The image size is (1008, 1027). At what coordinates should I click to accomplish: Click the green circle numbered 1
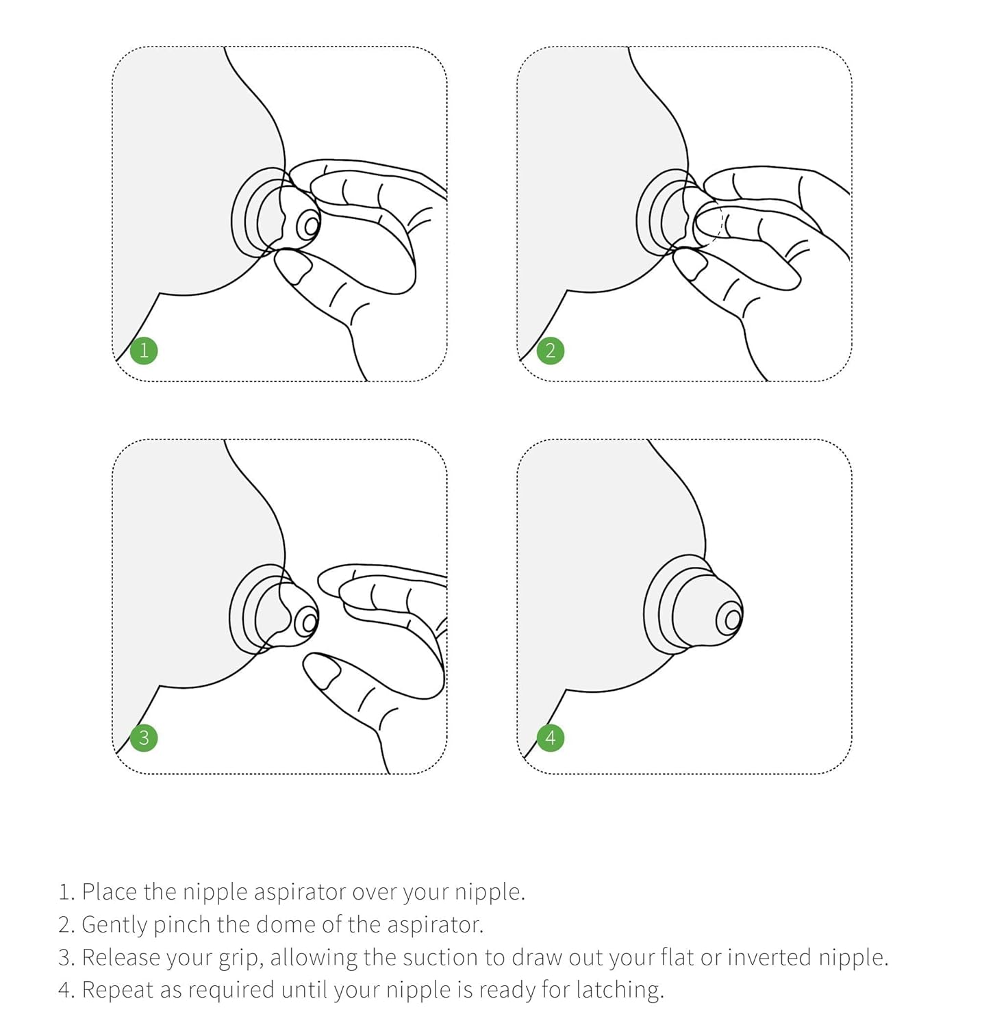(144, 351)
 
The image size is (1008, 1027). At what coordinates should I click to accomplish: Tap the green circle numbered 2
(551, 351)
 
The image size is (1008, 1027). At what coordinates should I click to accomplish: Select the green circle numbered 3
(144, 738)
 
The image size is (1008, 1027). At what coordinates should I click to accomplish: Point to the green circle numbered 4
(551, 738)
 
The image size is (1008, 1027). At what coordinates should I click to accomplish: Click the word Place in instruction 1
(110, 891)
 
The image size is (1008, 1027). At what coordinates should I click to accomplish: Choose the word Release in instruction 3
(119, 957)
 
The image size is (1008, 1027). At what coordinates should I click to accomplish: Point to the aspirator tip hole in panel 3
(309, 622)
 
